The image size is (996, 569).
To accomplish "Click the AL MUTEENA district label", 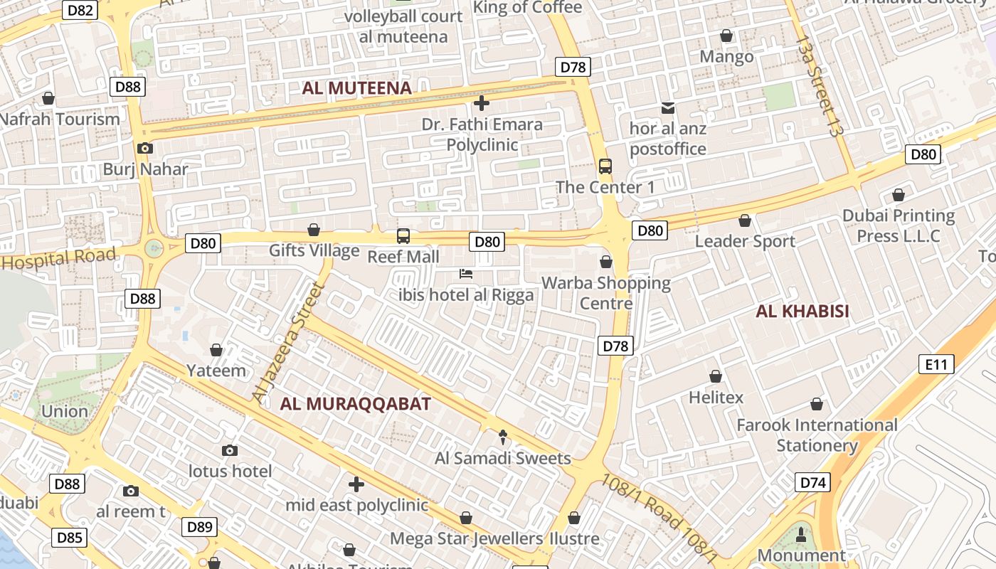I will pos(356,88).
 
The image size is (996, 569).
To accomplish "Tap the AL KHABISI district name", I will pos(802,311).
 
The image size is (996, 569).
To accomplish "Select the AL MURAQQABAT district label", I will pos(355,404).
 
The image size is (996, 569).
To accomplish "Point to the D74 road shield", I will pos(812,483).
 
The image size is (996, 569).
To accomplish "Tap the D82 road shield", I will pos(80,10).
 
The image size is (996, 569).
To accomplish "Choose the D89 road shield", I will pos(200,527).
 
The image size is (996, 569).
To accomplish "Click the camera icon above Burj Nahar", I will pos(145,148).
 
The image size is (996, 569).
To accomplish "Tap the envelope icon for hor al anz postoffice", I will pos(668,108).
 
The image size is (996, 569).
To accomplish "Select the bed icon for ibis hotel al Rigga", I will pos(466,274).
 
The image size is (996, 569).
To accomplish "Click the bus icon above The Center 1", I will pos(605,166).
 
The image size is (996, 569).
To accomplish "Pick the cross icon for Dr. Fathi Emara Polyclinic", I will pos(482,103).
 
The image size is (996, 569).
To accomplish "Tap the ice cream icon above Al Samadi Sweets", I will pos(503,437).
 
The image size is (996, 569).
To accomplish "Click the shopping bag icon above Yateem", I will pos(216,350).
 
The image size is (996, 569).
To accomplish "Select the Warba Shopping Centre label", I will pos(605,293).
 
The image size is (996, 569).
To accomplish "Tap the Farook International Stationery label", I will pos(817,435).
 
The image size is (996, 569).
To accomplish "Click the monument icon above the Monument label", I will pos(801,534).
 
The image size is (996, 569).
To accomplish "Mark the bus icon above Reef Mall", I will pos(403,235).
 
